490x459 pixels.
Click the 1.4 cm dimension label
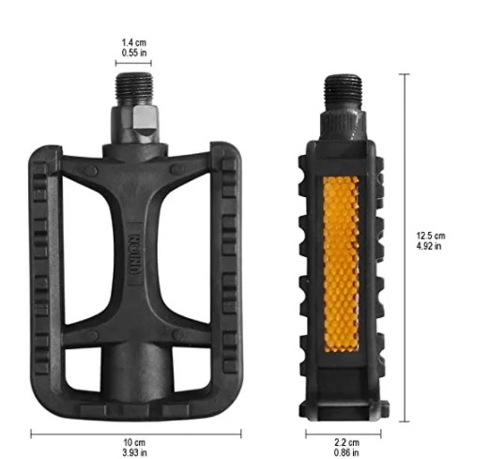(134, 42)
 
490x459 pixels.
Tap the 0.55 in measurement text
(134, 53)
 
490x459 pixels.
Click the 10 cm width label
(136, 442)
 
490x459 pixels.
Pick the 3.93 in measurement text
(136, 452)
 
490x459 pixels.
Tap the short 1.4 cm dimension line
(134, 64)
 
